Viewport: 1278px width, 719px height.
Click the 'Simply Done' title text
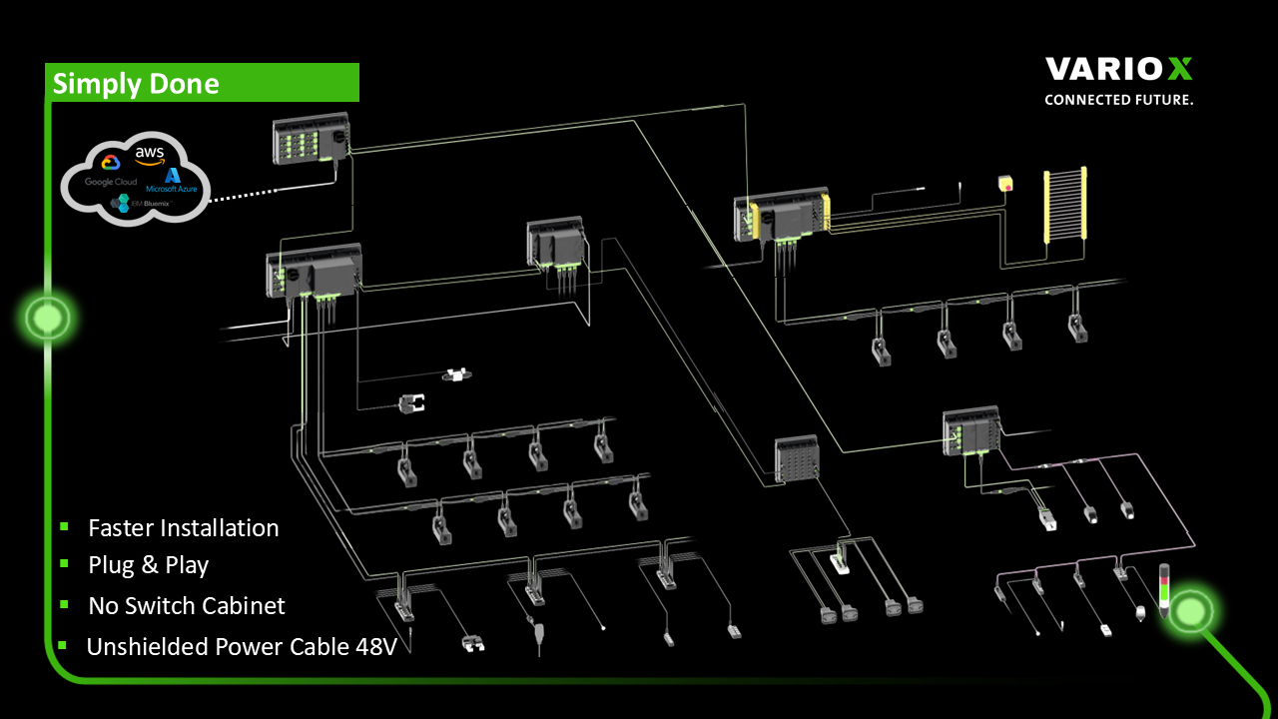click(136, 84)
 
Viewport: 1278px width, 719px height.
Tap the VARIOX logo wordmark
click(1118, 69)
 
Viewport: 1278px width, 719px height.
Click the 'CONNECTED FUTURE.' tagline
click(1118, 100)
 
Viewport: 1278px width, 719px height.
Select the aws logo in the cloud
click(149, 155)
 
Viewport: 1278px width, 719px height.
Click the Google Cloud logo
click(110, 170)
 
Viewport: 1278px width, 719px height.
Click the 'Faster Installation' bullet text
click(184, 527)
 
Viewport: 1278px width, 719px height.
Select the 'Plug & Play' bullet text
click(149, 565)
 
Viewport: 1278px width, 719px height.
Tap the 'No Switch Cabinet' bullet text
click(187, 605)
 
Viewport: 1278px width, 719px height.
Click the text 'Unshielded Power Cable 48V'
click(242, 646)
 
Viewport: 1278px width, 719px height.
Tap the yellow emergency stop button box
click(1005, 183)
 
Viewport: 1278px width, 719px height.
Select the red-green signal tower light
click(1163, 589)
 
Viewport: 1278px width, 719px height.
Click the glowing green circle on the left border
click(46, 318)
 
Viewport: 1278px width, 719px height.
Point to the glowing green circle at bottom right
click(1191, 607)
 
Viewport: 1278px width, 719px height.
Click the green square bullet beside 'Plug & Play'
click(64, 564)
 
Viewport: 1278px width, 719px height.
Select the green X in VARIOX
click(1179, 69)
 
